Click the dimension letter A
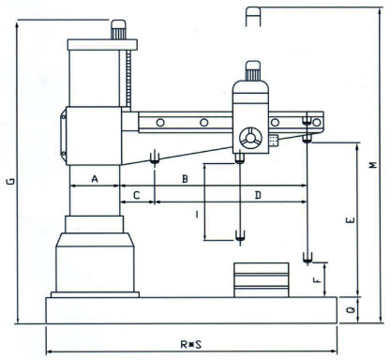click(95, 179)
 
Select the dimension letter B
click(185, 179)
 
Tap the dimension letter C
click(137, 196)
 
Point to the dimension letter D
click(258, 196)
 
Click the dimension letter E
click(351, 220)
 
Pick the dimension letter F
click(317, 279)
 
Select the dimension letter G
click(11, 181)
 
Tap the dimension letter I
click(197, 215)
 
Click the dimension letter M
click(373, 165)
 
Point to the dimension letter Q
click(351, 309)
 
